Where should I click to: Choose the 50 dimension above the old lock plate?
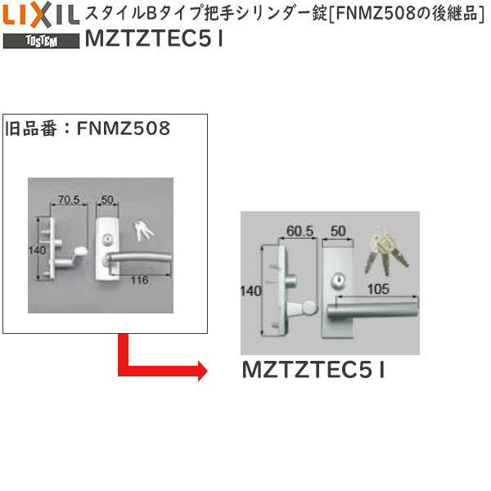(x=106, y=198)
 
